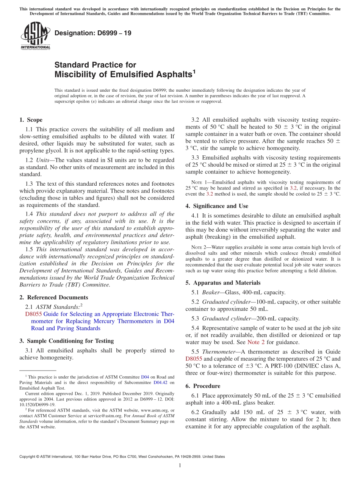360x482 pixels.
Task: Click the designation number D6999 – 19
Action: point(93,33)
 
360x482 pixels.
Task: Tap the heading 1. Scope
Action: point(31,120)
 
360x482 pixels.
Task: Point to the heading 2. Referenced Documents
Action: point(53,297)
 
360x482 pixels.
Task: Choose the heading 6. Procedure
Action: point(203,386)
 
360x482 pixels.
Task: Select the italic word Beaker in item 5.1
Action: point(210,292)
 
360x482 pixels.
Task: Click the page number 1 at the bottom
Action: point(180,466)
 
